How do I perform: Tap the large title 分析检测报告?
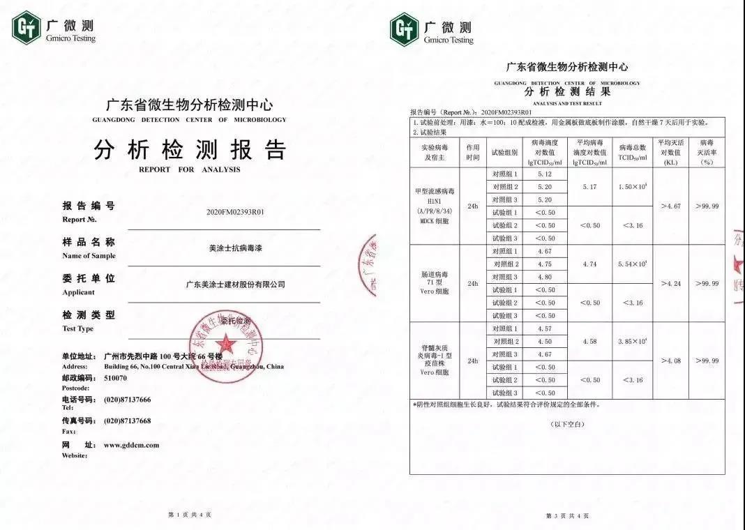(x=189, y=150)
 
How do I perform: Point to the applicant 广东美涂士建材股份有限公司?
(x=236, y=285)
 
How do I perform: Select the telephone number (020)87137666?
(x=128, y=400)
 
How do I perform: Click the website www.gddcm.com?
(x=131, y=445)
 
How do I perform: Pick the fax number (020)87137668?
(x=128, y=421)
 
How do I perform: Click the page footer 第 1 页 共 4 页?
(x=190, y=515)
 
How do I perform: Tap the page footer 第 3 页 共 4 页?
(x=567, y=515)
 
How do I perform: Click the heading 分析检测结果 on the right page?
(x=567, y=92)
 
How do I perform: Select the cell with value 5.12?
(x=544, y=174)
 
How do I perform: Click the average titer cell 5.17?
(x=589, y=187)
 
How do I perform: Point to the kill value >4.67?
(x=670, y=206)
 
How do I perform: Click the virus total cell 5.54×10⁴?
(x=632, y=264)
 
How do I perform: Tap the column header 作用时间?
(x=473, y=153)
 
